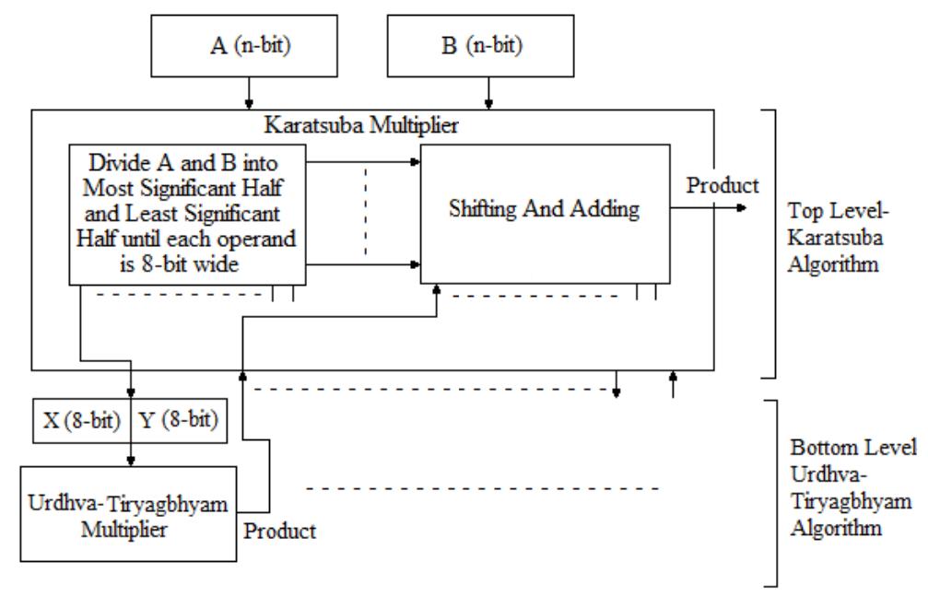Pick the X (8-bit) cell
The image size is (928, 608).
81,422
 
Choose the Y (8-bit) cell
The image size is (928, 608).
179,422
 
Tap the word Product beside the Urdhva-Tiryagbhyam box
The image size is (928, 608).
280,532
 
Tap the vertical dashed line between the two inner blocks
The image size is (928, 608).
366,212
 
